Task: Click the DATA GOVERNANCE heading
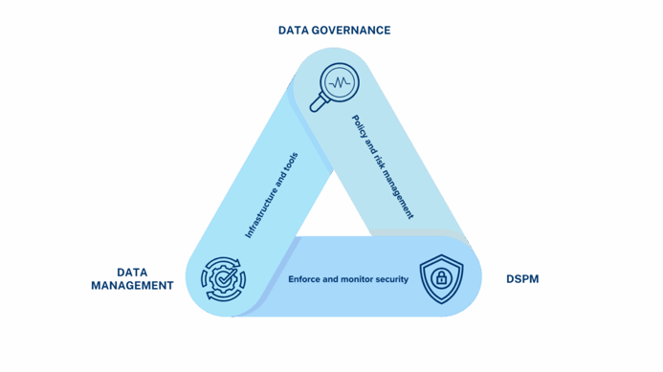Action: [334, 31]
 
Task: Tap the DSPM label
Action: [523, 279]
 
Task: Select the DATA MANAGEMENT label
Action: [132, 279]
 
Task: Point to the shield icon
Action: [441, 278]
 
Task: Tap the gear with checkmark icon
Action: [224, 278]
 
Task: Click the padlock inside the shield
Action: [441, 279]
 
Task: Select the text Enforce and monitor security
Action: [348, 279]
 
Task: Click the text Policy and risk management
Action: [383, 167]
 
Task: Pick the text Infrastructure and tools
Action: [273, 195]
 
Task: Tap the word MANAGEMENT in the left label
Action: [132, 285]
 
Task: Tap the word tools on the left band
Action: [292, 161]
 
